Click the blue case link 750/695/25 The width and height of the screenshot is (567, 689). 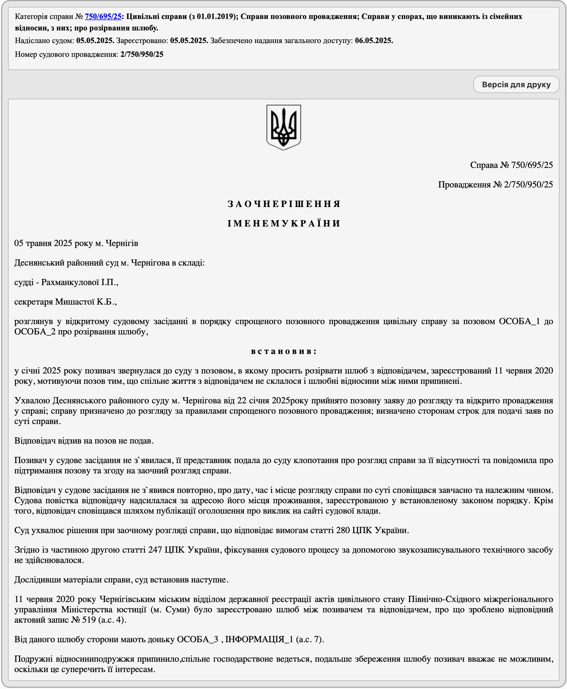click(103, 16)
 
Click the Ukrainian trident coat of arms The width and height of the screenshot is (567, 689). click(283, 127)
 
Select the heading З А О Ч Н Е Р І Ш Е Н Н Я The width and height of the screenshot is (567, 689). click(283, 204)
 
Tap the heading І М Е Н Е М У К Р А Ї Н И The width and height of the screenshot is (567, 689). click(283, 224)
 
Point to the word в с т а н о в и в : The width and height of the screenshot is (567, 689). click(283, 351)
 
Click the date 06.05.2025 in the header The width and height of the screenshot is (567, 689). click(374, 41)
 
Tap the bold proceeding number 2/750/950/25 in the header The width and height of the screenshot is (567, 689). click(142, 55)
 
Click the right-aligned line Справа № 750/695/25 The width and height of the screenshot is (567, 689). click(511, 165)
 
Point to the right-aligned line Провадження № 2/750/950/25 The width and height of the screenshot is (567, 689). click(495, 185)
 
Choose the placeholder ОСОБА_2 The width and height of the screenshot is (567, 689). click(35, 332)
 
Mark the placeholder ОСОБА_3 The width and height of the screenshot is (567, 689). click(197, 639)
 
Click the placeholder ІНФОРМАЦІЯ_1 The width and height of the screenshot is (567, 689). click(259, 639)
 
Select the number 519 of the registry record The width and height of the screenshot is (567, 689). click(89, 620)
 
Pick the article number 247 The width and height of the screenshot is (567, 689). click(155, 550)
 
